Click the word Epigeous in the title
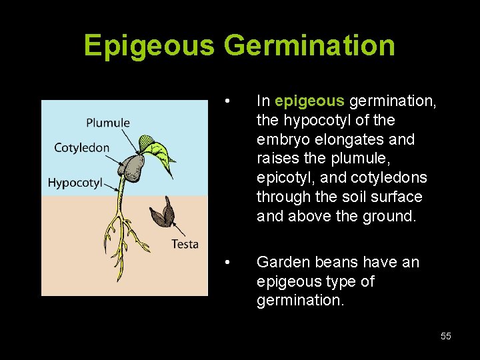[149, 45]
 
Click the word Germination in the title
[309, 45]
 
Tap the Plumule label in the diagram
[108, 123]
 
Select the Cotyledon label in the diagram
[81, 147]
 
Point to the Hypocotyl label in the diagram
[75, 182]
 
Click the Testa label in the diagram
[185, 244]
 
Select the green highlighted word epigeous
[309, 101]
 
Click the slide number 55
[445, 336]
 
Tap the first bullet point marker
[228, 102]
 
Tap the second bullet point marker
[228, 263]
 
